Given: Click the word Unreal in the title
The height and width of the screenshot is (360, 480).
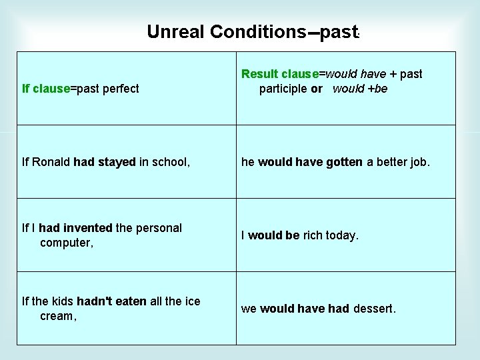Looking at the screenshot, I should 175,31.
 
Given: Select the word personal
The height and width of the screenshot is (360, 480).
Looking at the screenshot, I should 159,228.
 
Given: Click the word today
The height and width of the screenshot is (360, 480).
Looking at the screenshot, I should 343,235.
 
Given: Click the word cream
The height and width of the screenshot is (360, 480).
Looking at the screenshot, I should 57,317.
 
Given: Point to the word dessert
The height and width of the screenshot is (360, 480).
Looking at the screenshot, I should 374,309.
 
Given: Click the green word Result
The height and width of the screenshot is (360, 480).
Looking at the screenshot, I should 261,74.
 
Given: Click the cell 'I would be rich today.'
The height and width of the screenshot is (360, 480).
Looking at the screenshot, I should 346,235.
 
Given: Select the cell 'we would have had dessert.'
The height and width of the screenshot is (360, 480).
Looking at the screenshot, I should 346,309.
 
